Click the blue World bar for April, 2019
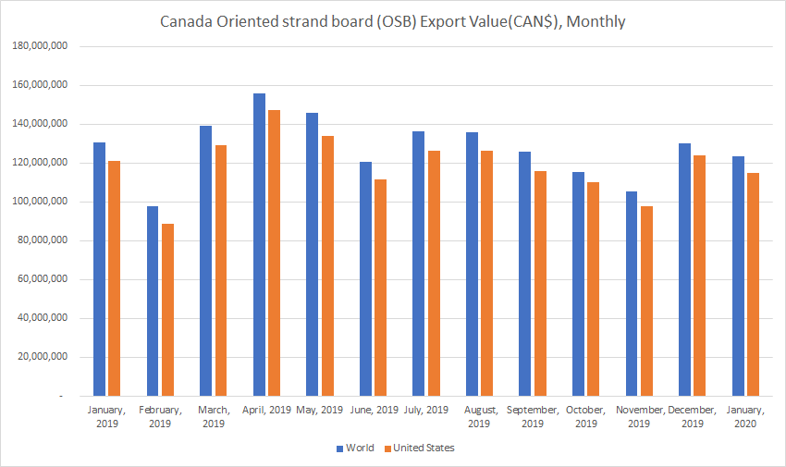coord(259,244)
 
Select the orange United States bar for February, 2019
coord(167,310)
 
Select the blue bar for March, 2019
coord(206,261)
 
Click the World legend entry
coord(356,449)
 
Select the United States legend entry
coord(422,449)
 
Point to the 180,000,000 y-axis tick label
coord(42,46)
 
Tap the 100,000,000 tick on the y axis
coord(42,202)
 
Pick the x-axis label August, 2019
coord(479,416)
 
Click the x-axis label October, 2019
coord(585,416)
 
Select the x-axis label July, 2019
coord(426,410)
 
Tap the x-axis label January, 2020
coord(745,416)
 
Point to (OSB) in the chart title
coord(392,20)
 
